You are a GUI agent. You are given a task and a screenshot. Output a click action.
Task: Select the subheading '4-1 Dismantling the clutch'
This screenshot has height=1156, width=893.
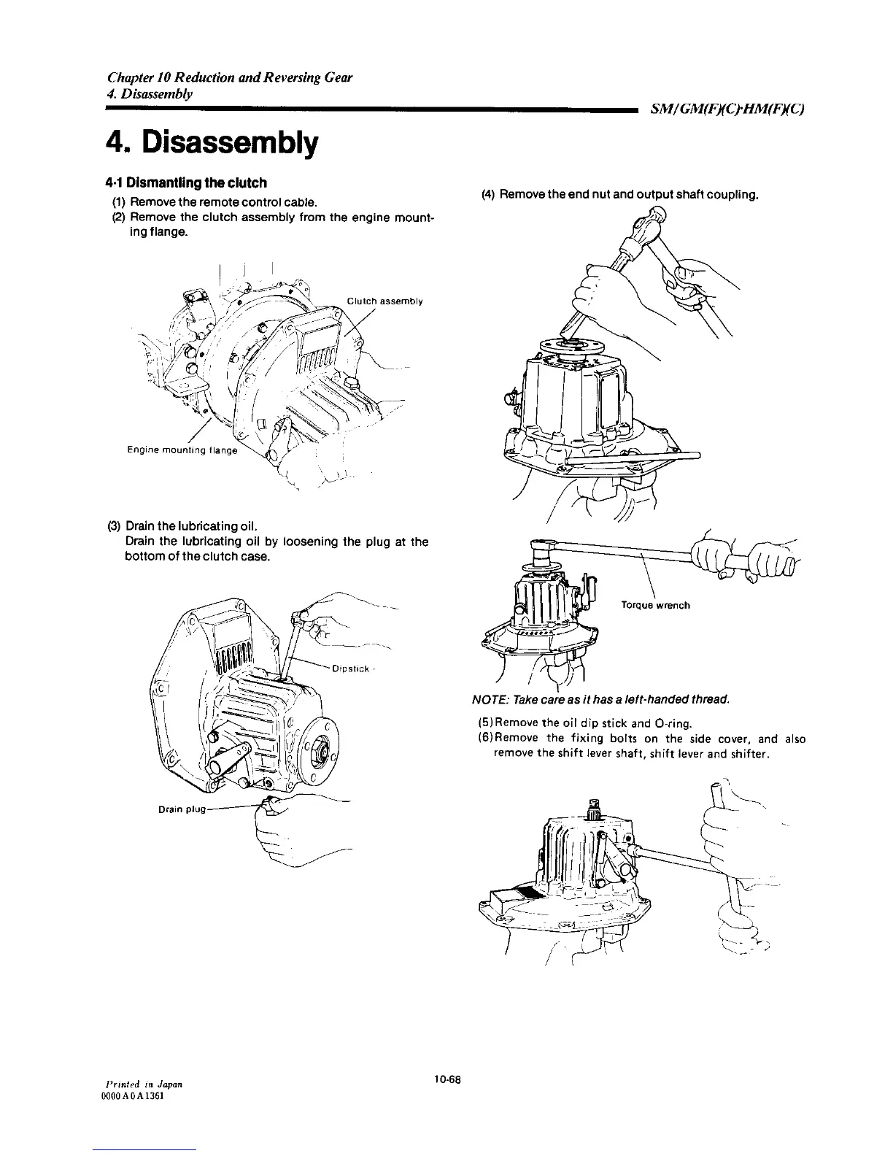[x=185, y=182]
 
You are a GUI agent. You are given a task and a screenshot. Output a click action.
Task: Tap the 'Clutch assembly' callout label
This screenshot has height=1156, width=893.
[x=385, y=301]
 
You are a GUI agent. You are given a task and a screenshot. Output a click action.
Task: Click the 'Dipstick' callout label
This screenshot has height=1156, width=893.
[x=352, y=668]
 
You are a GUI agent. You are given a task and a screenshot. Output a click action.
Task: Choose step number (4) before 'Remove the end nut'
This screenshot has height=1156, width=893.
[x=488, y=195]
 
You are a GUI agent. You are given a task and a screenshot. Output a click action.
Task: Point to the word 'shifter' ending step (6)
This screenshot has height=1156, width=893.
[x=751, y=753]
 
